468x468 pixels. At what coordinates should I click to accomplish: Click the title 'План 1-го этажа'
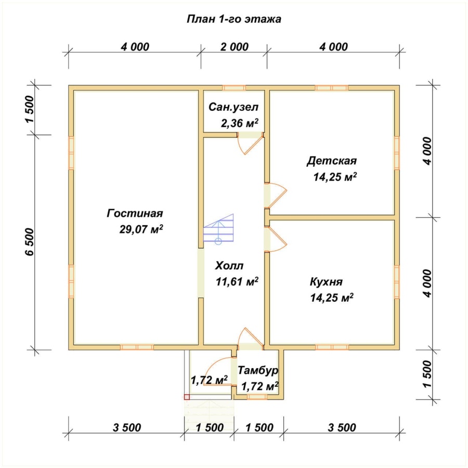pyautogui.click(x=233, y=19)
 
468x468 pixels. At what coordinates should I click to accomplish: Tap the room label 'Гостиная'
pyautogui.click(x=135, y=213)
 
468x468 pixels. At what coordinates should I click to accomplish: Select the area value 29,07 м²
pyautogui.click(x=141, y=229)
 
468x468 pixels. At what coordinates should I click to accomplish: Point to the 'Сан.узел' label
pyautogui.click(x=233, y=107)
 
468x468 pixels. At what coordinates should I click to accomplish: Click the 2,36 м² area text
pyautogui.click(x=240, y=123)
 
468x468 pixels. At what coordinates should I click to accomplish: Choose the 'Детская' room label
pyautogui.click(x=332, y=161)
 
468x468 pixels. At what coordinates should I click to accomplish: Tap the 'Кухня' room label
pyautogui.click(x=326, y=282)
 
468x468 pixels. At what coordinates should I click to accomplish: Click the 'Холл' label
pyautogui.click(x=229, y=266)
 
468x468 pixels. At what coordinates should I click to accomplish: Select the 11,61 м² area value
pyautogui.click(x=237, y=281)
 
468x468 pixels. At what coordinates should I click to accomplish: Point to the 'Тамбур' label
pyautogui.click(x=258, y=370)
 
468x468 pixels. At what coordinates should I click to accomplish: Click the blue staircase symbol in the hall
pyautogui.click(x=218, y=229)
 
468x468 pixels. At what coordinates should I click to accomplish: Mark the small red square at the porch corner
pyautogui.click(x=187, y=397)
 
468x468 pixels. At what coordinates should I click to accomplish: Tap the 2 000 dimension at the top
pyautogui.click(x=235, y=47)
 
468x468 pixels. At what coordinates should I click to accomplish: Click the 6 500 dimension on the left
pyautogui.click(x=30, y=242)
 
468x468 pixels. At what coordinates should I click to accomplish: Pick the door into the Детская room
pyautogui.click(x=276, y=196)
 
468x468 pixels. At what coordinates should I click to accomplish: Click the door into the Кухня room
pyautogui.click(x=276, y=240)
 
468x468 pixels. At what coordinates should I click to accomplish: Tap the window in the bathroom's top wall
pyautogui.click(x=234, y=88)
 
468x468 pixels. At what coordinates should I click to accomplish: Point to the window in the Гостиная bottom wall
pyautogui.click(x=137, y=347)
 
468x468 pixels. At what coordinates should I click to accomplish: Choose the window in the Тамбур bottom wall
pyautogui.click(x=257, y=397)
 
